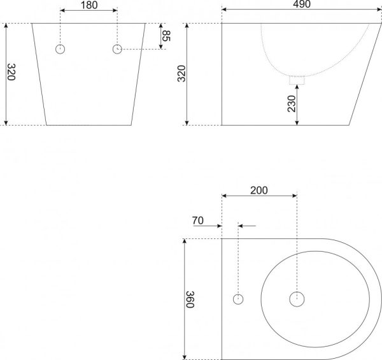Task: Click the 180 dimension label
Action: [x=89, y=5]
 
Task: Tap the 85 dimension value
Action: [x=166, y=36]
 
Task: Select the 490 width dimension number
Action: [x=302, y=4]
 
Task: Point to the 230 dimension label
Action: [x=292, y=104]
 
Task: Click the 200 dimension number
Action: [x=259, y=191]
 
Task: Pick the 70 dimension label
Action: [x=197, y=220]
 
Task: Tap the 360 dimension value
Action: [x=190, y=299]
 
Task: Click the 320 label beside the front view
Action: [x=11, y=72]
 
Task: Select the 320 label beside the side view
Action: [x=181, y=74]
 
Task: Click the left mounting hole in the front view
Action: [x=60, y=49]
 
